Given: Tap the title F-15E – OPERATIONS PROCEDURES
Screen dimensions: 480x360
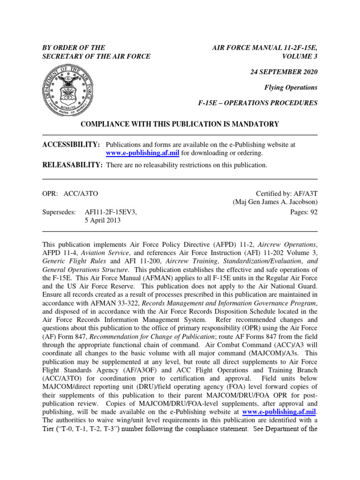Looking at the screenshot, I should [x=258, y=103].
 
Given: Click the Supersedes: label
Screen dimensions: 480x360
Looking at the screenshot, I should [x=59, y=212].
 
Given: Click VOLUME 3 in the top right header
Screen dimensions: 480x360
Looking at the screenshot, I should [x=300, y=56].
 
